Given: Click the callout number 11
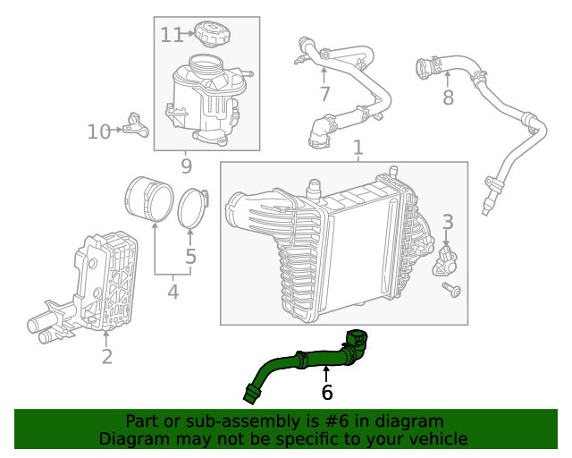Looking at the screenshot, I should [x=172, y=35].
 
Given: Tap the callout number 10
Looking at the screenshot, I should [x=100, y=132].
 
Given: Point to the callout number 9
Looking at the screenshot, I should [x=187, y=165].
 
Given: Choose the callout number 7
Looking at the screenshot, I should [x=324, y=94].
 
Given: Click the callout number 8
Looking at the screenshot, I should [x=448, y=98].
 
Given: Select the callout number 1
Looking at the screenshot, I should [x=357, y=147].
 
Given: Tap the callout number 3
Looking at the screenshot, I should [x=448, y=222].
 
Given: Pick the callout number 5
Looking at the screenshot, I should [x=190, y=259].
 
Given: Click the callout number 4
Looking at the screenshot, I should [x=172, y=291].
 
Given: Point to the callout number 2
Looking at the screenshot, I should [x=106, y=357].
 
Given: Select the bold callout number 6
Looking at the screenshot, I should [x=327, y=392].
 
